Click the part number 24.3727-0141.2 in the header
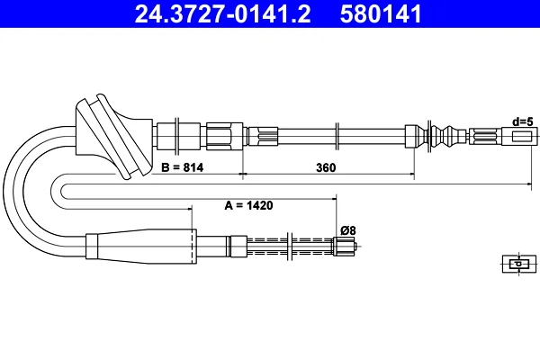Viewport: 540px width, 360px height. (222, 13)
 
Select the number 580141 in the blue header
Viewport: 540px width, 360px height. (381, 13)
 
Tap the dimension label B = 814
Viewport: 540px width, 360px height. (182, 167)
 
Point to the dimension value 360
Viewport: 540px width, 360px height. (326, 167)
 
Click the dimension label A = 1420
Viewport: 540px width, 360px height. (248, 205)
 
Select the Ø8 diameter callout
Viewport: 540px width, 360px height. (348, 230)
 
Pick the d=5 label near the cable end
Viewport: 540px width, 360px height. (523, 121)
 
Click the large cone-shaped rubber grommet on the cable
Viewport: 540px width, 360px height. (114, 136)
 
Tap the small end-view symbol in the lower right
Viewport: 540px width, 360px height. (519, 264)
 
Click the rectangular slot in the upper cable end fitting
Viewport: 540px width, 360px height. (519, 137)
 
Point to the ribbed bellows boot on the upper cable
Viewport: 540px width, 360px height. (448, 136)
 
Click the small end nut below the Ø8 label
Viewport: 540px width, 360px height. (344, 247)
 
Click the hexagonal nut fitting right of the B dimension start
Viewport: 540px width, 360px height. (224, 137)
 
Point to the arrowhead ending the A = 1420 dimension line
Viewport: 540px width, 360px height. (333, 198)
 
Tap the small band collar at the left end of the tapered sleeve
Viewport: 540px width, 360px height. (92, 247)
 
